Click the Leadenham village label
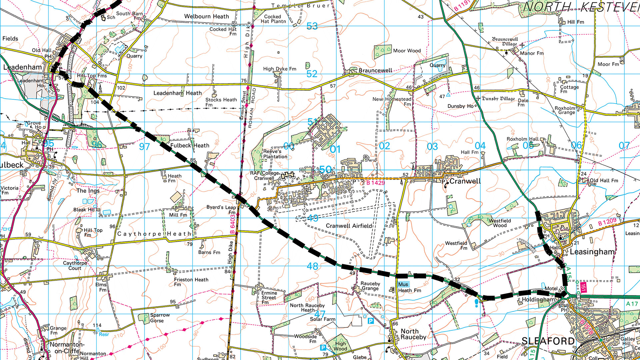(x=22, y=67)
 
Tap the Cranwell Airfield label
(x=349, y=226)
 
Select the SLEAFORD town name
(x=548, y=341)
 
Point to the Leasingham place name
(x=592, y=252)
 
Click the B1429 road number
(x=376, y=183)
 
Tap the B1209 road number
(x=607, y=222)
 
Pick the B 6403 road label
(x=232, y=224)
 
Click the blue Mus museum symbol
(x=403, y=284)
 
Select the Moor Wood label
(x=407, y=51)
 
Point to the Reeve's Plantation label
(x=275, y=154)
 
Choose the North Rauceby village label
(x=413, y=334)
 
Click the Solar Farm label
(x=323, y=319)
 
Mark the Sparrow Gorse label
(x=159, y=318)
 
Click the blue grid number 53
(x=312, y=26)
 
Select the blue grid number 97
(x=144, y=147)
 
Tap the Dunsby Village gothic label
(x=498, y=99)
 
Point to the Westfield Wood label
(x=500, y=223)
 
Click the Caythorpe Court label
(x=75, y=266)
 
